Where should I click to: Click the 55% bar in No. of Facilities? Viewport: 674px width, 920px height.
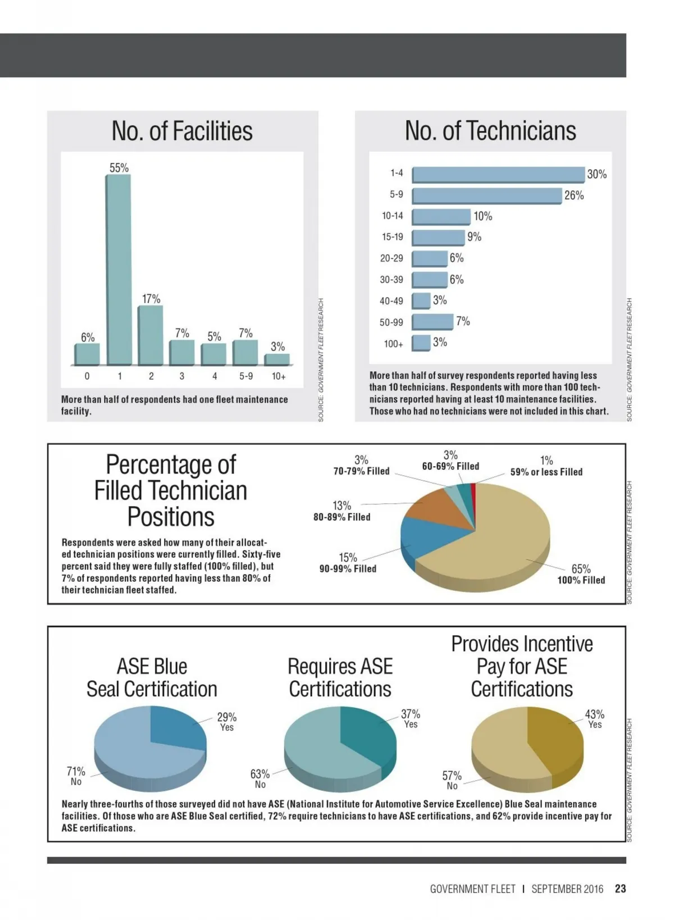click(x=119, y=270)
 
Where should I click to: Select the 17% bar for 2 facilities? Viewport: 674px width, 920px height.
click(x=151, y=335)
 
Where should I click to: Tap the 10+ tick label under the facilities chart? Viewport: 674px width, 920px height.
click(x=279, y=376)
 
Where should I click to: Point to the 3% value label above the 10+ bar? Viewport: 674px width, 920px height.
click(x=278, y=347)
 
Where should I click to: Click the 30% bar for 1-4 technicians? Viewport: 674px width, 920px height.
click(x=498, y=175)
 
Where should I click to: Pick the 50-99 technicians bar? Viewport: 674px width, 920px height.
click(x=432, y=322)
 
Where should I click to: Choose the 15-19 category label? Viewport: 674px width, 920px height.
click(x=393, y=237)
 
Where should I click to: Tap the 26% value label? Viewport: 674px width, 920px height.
click(x=574, y=195)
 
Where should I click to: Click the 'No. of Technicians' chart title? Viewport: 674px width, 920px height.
click(x=490, y=131)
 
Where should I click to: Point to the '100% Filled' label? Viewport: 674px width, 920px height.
click(x=581, y=580)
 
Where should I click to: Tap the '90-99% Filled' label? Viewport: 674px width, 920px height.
click(x=348, y=569)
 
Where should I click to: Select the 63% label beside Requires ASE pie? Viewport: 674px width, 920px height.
click(x=260, y=774)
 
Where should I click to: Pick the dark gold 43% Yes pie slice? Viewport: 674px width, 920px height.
click(x=553, y=741)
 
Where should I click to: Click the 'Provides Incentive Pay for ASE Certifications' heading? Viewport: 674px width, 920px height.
click(x=522, y=666)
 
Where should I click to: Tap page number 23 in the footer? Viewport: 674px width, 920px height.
click(x=620, y=889)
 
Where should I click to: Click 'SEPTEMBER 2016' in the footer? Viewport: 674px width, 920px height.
click(x=567, y=889)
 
